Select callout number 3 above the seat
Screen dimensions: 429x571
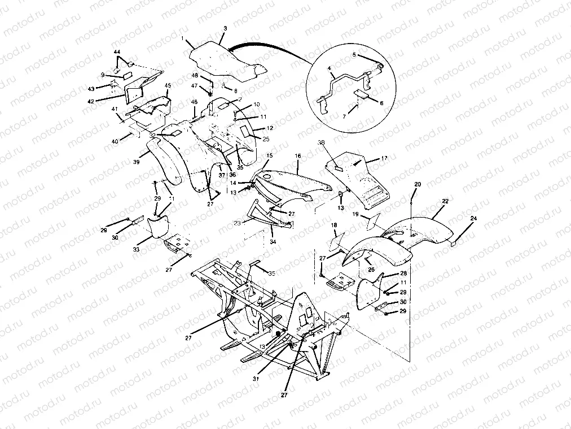tap(225, 28)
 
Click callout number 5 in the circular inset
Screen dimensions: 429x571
tap(354, 55)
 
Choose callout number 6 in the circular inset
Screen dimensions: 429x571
tap(381, 103)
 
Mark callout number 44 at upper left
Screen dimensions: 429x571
tap(117, 52)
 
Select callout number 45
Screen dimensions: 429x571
tap(168, 85)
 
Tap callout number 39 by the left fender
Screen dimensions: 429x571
tap(136, 162)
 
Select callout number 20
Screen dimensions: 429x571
tap(418, 185)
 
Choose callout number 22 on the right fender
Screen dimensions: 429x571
tap(445, 201)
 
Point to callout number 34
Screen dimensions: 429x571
tap(273, 242)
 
